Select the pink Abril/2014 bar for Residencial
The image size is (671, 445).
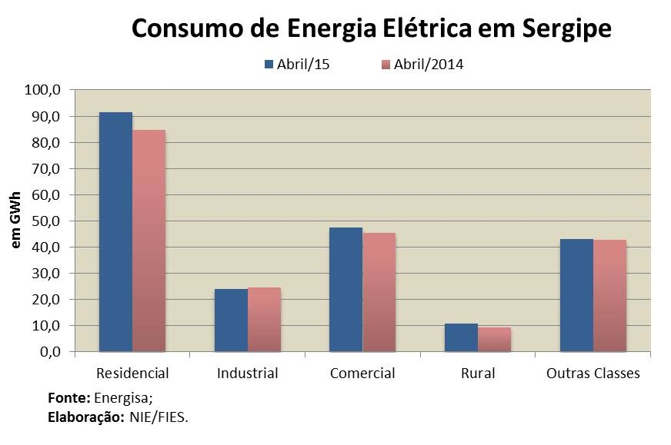pyautogui.click(x=149, y=241)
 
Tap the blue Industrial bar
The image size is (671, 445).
pyautogui.click(x=231, y=320)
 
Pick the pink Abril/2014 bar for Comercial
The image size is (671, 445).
pyautogui.click(x=379, y=292)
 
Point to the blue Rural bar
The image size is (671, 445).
pyautogui.click(x=461, y=337)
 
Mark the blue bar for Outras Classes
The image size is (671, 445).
pyautogui.click(x=576, y=295)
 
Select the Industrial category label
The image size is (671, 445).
pyautogui.click(x=248, y=374)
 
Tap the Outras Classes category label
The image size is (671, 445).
pyautogui.click(x=593, y=374)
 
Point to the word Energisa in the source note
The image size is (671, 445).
pyautogui.click(x=125, y=399)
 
